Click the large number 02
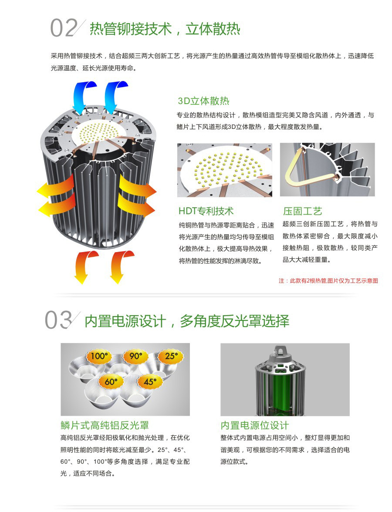click(x=64, y=28)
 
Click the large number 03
click(x=58, y=320)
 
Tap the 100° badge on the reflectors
click(x=99, y=356)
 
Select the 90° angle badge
click(x=136, y=356)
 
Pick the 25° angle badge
click(x=172, y=356)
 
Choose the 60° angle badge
click(x=111, y=381)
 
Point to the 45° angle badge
click(x=150, y=381)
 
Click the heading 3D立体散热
click(x=203, y=101)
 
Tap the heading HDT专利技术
click(x=206, y=211)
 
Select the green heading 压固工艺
click(x=302, y=211)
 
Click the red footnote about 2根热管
click(x=328, y=280)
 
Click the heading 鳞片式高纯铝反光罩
click(x=105, y=425)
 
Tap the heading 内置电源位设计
click(x=255, y=425)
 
